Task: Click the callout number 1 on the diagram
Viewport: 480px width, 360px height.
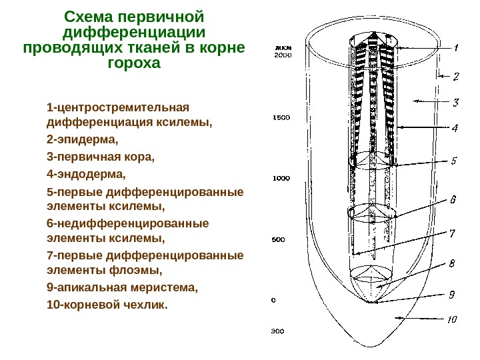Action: click(457, 48)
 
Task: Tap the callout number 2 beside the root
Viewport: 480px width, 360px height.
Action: click(457, 77)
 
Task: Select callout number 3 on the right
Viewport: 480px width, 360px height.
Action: click(457, 103)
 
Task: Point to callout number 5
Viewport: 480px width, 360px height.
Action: click(453, 161)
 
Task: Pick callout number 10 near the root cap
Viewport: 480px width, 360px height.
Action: click(451, 319)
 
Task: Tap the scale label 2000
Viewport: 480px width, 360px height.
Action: click(283, 56)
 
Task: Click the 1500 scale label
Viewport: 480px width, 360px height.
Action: click(281, 118)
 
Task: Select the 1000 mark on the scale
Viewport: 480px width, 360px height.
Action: click(281, 178)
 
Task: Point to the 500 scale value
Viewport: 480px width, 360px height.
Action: click(279, 239)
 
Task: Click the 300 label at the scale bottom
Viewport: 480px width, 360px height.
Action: click(277, 331)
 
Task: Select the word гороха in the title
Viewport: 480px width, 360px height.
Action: click(134, 64)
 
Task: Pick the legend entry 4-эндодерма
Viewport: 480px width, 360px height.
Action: click(86, 175)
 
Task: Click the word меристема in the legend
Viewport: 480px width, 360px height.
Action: click(166, 288)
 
